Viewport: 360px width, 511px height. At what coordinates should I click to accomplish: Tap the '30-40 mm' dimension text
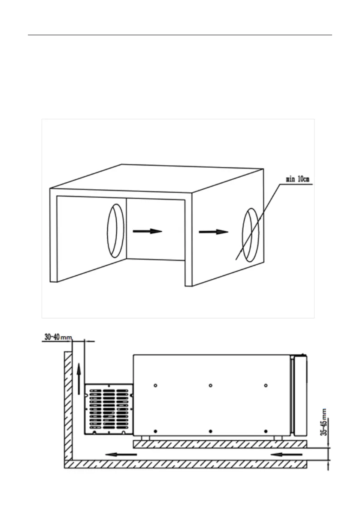point(57,338)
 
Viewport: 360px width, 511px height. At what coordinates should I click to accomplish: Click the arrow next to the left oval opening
point(147,231)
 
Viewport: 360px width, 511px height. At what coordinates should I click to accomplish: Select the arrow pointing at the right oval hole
point(213,232)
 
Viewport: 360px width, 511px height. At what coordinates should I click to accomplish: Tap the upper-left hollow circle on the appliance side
point(155,386)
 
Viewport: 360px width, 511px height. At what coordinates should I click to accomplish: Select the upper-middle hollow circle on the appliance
point(211,386)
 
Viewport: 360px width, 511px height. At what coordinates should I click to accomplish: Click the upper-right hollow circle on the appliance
point(266,386)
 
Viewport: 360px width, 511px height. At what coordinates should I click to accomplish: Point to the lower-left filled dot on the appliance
point(155,430)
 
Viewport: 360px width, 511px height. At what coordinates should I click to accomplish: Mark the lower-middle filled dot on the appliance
point(211,430)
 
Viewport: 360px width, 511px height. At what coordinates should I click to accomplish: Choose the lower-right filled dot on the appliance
point(266,430)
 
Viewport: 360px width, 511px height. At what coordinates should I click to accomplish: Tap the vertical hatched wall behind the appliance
point(68,408)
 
